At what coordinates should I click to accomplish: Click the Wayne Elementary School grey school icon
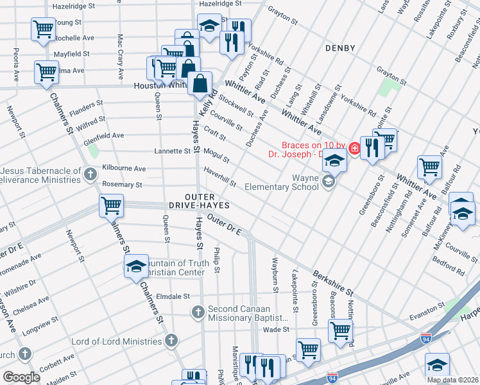[329, 182]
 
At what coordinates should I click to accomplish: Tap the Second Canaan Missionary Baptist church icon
[198, 312]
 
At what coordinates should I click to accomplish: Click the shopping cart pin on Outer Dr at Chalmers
[112, 206]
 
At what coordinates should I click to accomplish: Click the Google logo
[22, 377]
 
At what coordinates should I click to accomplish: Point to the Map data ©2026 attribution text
[452, 380]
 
